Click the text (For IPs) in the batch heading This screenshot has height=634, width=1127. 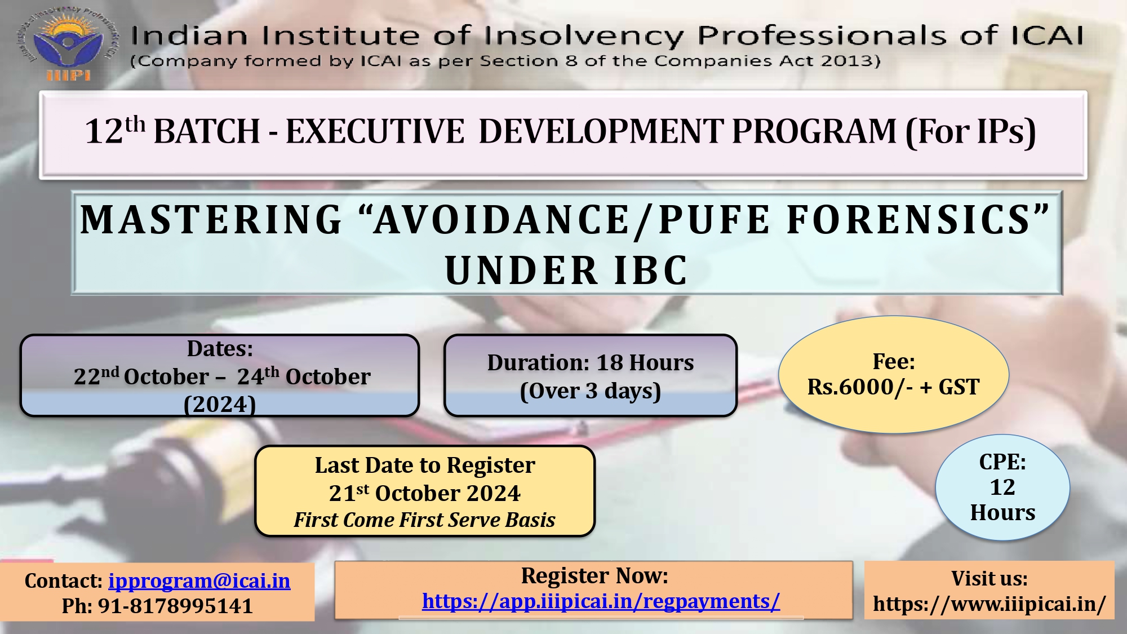click(x=970, y=132)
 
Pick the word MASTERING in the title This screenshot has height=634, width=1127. click(x=211, y=219)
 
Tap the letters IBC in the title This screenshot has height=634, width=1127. click(x=651, y=271)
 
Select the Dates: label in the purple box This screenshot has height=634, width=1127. click(x=220, y=349)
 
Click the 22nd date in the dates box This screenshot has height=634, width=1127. click(x=96, y=376)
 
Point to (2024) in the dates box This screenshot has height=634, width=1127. click(x=220, y=404)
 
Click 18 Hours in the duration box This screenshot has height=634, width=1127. click(x=645, y=363)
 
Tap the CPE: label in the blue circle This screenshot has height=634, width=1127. click(x=1002, y=462)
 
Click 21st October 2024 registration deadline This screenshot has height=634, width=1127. click(x=425, y=493)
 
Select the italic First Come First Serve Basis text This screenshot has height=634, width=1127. click(x=424, y=520)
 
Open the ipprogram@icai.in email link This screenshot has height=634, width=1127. click(x=199, y=581)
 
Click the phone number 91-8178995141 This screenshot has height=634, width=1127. click(x=176, y=606)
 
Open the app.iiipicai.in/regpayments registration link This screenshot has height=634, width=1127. click(x=601, y=601)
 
